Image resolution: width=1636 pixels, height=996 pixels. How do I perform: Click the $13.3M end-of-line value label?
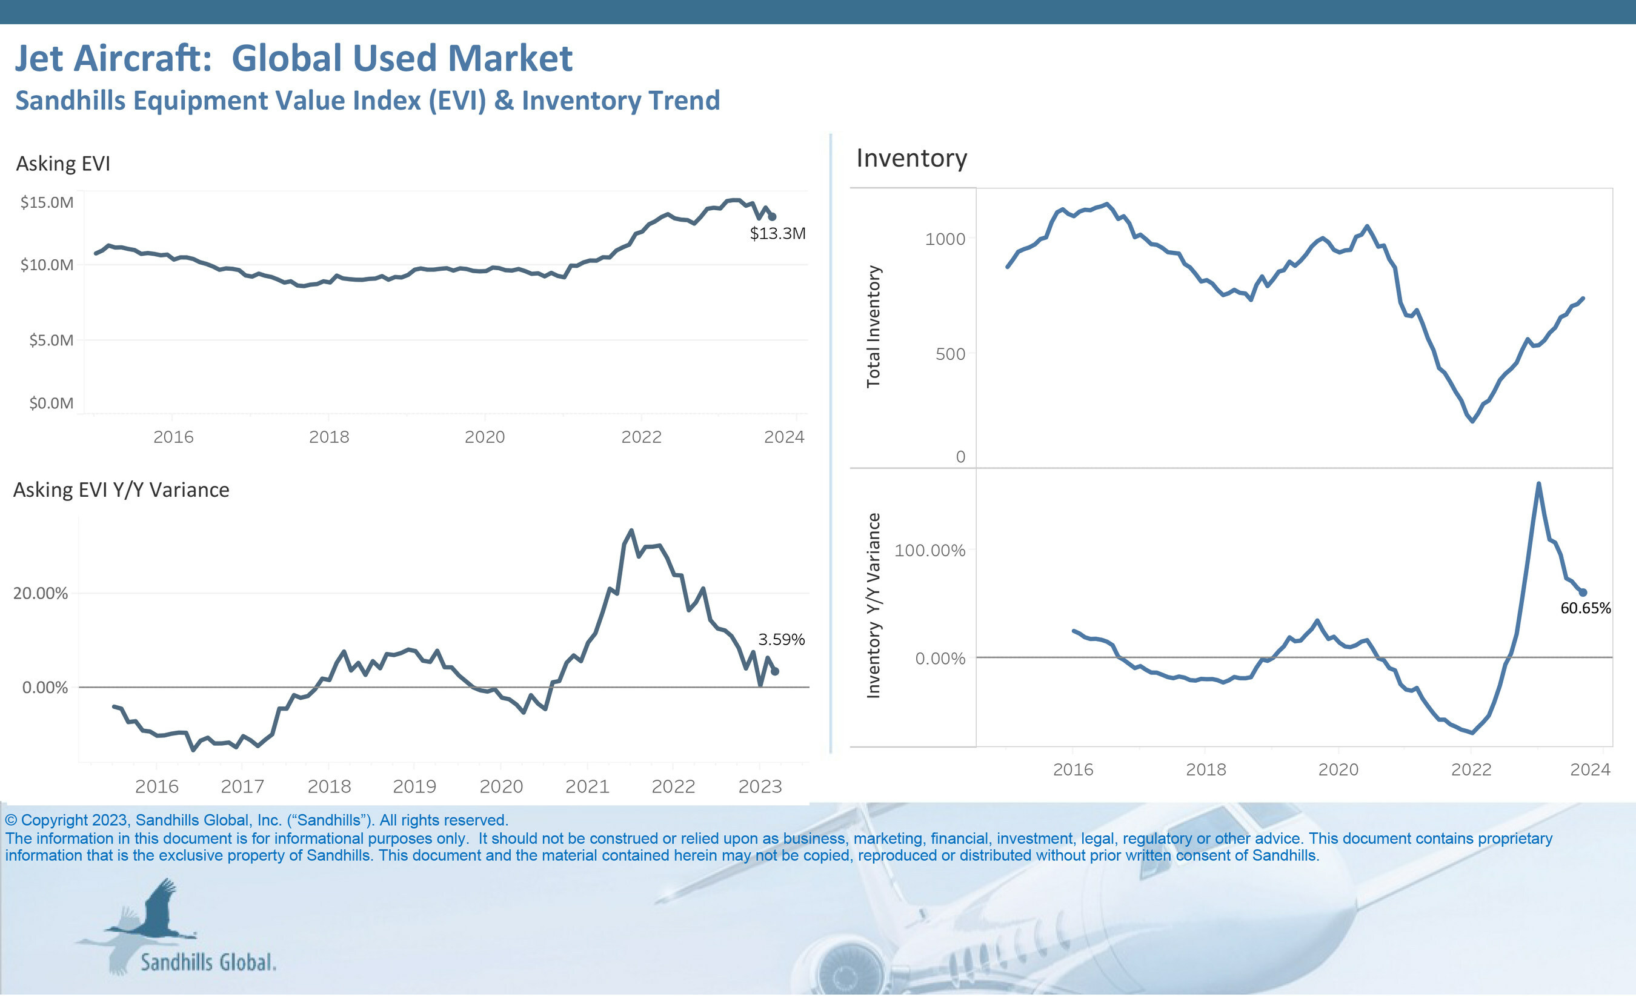tap(777, 234)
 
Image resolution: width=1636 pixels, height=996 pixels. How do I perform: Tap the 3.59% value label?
tap(781, 639)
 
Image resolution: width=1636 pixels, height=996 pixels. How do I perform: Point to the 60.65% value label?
tap(1585, 608)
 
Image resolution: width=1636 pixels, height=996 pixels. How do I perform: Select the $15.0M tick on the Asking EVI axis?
tap(47, 202)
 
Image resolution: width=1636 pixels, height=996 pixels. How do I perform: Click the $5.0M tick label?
tap(50, 340)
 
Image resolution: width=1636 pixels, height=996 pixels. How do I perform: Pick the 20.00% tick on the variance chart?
tap(41, 593)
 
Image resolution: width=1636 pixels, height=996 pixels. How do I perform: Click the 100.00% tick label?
tap(929, 551)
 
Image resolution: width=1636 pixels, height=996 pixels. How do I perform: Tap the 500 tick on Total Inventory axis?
tap(950, 354)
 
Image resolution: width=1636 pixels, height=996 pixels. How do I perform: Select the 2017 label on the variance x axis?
tap(242, 787)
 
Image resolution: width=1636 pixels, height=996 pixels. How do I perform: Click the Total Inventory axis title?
tap(873, 327)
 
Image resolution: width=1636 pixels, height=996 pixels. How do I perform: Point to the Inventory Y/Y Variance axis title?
tap(873, 606)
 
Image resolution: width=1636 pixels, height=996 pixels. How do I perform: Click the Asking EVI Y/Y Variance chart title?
tap(122, 490)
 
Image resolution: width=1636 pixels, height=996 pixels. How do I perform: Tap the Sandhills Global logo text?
tap(208, 963)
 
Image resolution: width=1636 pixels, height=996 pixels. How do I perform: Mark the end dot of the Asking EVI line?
tap(772, 216)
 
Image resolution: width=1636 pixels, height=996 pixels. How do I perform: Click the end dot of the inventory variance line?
tap(1583, 593)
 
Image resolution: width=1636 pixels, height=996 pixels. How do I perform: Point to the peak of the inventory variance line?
tap(1538, 484)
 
